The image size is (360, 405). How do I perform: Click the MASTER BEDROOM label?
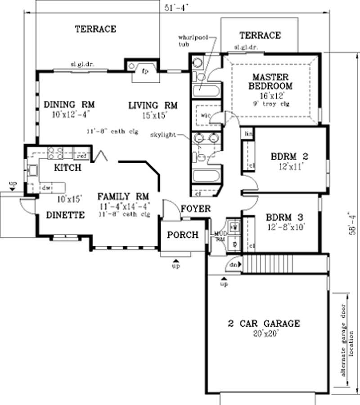tap(270, 81)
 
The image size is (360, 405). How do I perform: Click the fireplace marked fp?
tap(145, 71)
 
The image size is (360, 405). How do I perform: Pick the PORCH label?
tap(182, 235)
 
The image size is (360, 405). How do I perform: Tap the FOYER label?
tap(196, 209)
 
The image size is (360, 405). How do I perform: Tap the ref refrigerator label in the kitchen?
tap(82, 156)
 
